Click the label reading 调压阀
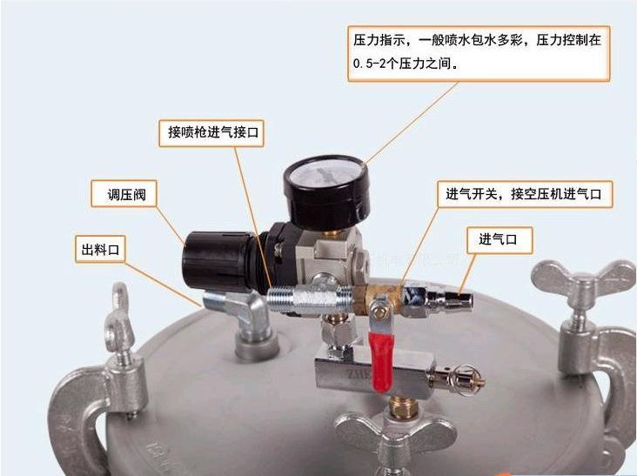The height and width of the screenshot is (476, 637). [124, 194]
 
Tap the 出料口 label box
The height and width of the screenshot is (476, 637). [100, 249]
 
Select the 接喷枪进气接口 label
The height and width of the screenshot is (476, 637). [211, 132]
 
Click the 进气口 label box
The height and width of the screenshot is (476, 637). [500, 240]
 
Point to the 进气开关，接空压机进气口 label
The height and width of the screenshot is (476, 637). [524, 194]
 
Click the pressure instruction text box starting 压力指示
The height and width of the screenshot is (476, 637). [479, 53]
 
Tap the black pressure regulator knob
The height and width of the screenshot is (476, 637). [214, 261]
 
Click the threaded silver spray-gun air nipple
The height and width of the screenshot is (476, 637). [309, 299]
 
